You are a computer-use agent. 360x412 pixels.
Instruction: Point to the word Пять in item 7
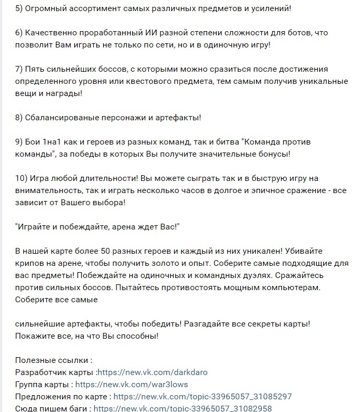(36, 69)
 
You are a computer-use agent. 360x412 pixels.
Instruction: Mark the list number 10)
(24, 178)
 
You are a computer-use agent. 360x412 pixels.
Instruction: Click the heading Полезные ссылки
(53, 360)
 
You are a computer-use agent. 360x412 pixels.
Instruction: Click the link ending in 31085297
(203, 397)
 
